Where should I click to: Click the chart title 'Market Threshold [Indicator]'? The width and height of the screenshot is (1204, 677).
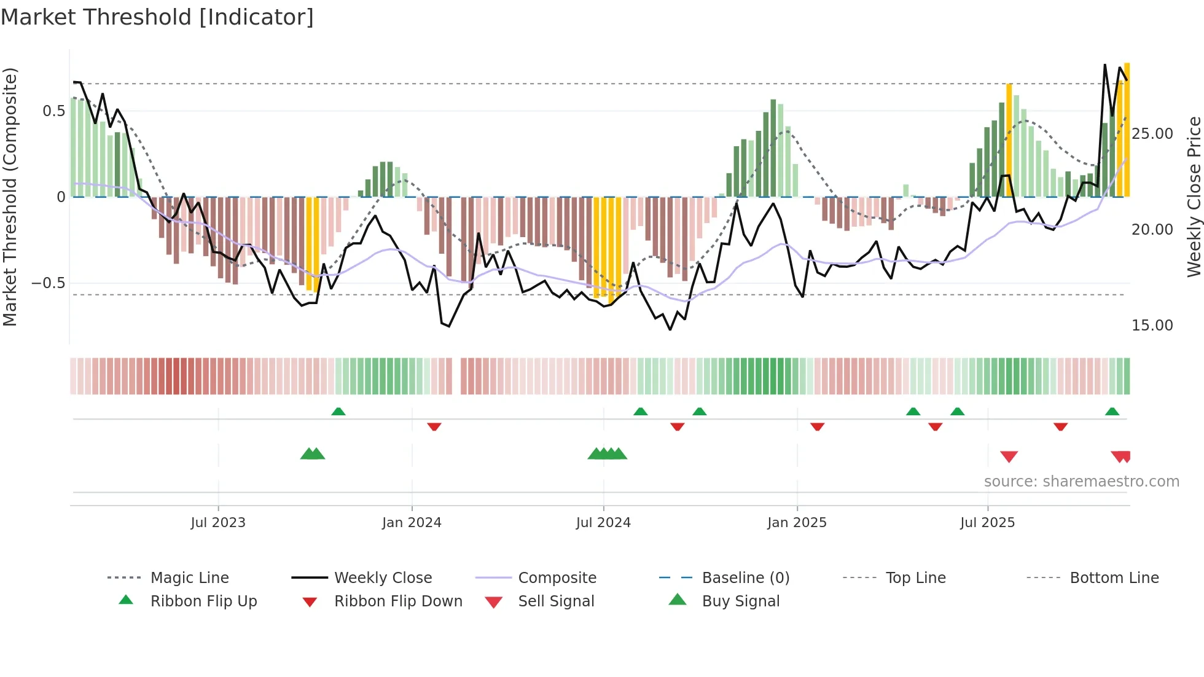click(x=157, y=17)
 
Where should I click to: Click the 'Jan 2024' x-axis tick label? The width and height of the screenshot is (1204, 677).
click(x=412, y=523)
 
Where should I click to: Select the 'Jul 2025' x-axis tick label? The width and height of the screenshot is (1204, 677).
click(x=987, y=523)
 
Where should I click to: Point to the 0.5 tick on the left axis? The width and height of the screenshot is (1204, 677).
click(x=54, y=111)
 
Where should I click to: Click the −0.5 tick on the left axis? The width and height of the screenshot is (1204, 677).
click(x=49, y=283)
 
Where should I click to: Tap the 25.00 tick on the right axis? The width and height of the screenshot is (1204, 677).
click(x=1152, y=134)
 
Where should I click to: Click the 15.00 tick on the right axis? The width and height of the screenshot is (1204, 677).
click(x=1152, y=326)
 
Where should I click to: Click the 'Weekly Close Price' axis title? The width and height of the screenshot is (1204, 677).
click(x=1194, y=197)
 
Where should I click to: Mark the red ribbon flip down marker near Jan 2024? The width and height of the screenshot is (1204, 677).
click(x=434, y=426)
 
